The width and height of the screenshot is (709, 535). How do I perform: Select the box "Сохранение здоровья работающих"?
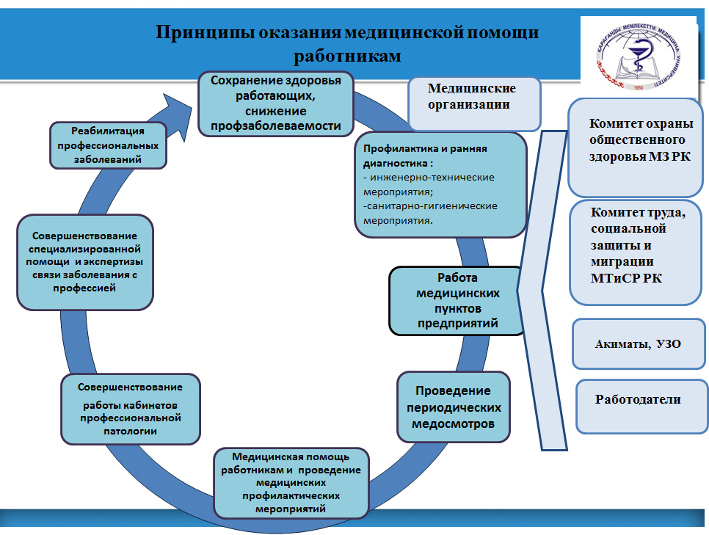(x=276, y=103)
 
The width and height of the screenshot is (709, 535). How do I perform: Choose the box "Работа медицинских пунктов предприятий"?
(x=457, y=300)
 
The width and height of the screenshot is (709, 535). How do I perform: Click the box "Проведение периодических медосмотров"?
(x=454, y=407)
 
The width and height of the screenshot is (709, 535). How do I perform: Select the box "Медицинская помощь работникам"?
(x=291, y=483)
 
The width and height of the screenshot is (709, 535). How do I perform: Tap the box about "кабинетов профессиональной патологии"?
(x=131, y=409)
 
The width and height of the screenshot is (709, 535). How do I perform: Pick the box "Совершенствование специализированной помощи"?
(x=85, y=262)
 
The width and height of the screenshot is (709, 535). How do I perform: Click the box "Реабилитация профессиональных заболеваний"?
(x=107, y=145)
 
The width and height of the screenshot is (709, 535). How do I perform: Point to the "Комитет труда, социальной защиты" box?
(x=636, y=251)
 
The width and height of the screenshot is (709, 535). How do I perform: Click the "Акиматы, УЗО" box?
(x=638, y=343)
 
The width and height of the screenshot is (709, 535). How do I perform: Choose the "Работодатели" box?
(x=638, y=404)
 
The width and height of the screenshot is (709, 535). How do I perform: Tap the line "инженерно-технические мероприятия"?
(x=429, y=183)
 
